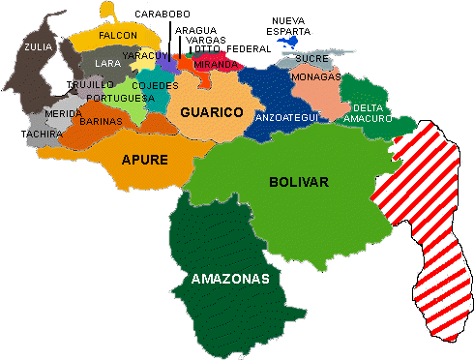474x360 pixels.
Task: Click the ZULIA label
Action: (39, 45)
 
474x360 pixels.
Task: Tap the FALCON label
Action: (118, 35)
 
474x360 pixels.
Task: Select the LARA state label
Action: (107, 64)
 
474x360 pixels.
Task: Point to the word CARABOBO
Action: (163, 15)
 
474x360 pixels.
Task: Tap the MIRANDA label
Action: (216, 63)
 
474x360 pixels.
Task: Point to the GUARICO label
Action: (211, 112)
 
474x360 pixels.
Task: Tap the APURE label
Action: (145, 159)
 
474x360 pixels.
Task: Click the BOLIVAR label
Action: (299, 181)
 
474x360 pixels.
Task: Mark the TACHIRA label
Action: (42, 134)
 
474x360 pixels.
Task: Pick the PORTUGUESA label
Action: (120, 98)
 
